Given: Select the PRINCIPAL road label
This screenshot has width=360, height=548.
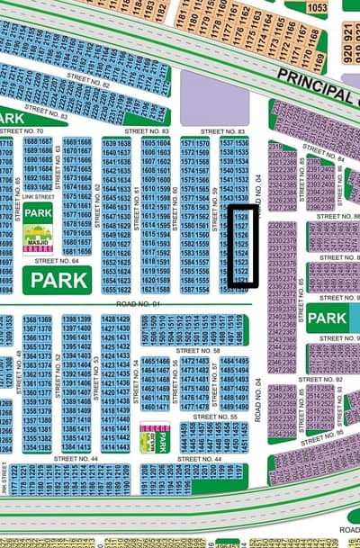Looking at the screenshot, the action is coord(315,85).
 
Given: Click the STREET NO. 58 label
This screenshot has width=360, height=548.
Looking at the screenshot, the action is coord(199,351).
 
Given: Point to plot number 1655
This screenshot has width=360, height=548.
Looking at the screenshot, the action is coord(111,290).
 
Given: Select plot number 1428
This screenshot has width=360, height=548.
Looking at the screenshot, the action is coord(110,319).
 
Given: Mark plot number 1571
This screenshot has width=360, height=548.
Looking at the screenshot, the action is coord(188,143).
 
